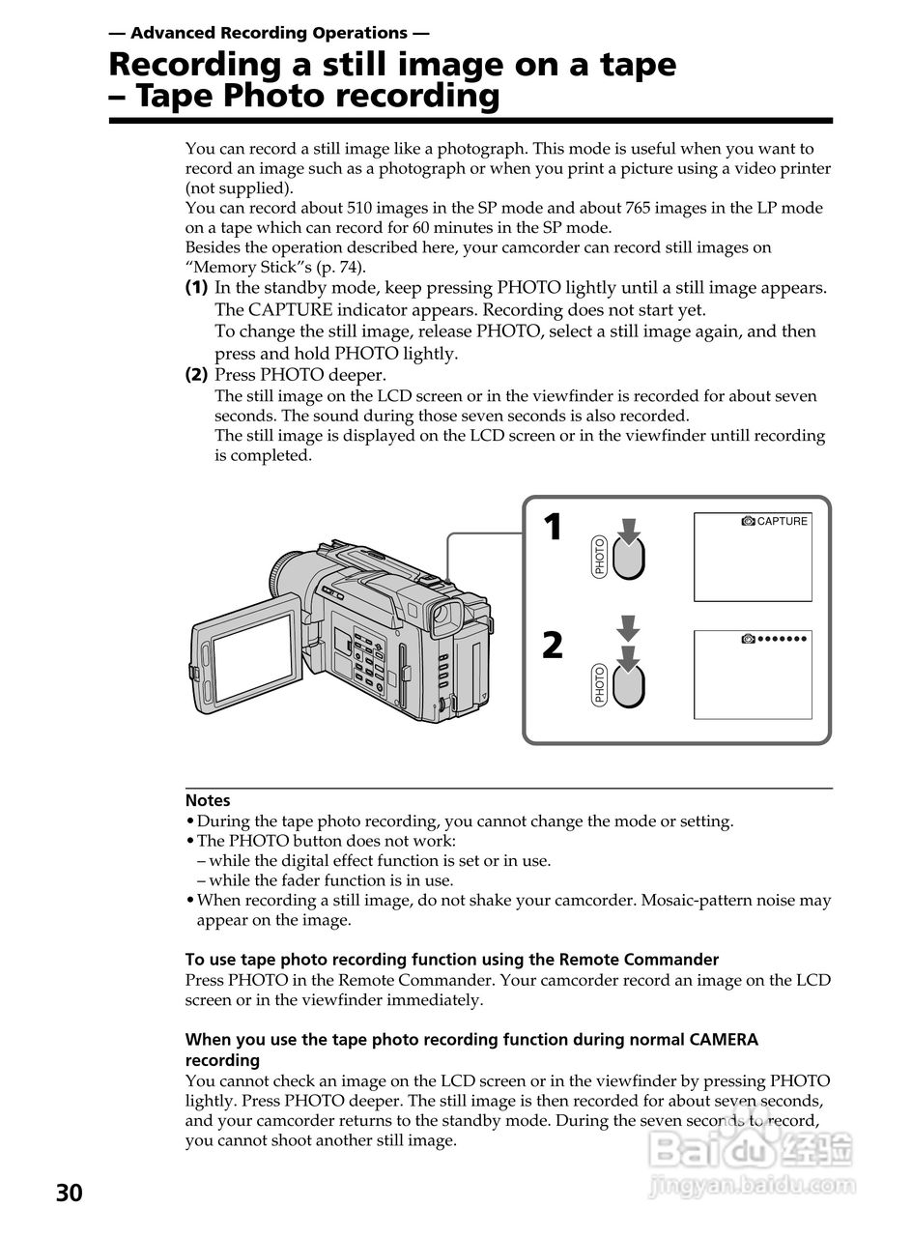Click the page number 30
69,1193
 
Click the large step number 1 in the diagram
553,528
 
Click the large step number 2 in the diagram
553,645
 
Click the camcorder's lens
282,576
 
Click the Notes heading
208,800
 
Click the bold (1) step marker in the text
196,288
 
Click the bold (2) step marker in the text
196,375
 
